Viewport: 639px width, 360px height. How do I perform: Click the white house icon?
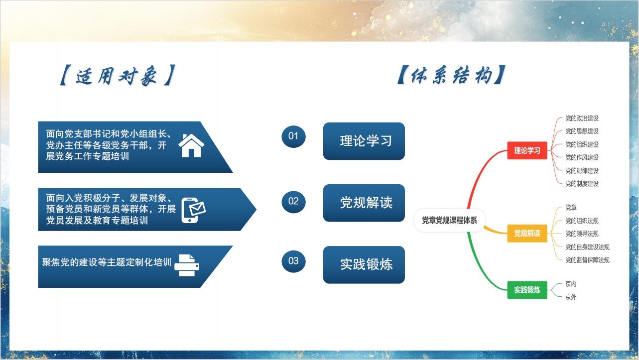(x=191, y=145)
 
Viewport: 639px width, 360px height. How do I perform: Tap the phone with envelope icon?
(x=193, y=210)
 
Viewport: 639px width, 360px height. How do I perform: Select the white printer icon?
(x=187, y=265)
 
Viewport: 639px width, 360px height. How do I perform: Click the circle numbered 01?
(x=293, y=136)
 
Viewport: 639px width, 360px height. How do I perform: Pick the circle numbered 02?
(x=293, y=202)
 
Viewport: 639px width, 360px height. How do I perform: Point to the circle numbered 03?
(x=293, y=261)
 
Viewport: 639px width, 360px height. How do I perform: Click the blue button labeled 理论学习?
(x=364, y=141)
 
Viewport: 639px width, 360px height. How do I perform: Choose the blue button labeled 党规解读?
(x=364, y=203)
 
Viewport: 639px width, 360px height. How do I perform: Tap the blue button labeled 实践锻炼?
(x=364, y=265)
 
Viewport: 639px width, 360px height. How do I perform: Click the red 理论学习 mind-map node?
(x=527, y=150)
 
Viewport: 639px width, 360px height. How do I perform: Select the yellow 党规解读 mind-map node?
(x=527, y=234)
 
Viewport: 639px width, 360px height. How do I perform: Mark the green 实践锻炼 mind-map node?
(x=527, y=290)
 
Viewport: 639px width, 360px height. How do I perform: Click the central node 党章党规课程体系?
(x=449, y=220)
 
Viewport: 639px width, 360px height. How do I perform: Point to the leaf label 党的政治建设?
(x=582, y=118)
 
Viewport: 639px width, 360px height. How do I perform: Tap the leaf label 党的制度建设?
(x=582, y=184)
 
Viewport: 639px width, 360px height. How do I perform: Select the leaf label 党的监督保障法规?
(x=587, y=260)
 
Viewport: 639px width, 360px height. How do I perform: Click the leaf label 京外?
(x=571, y=297)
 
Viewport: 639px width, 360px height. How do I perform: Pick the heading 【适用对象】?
(x=117, y=76)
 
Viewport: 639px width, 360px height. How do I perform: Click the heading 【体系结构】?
(x=451, y=75)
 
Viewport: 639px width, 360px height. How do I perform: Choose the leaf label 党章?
(x=571, y=207)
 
